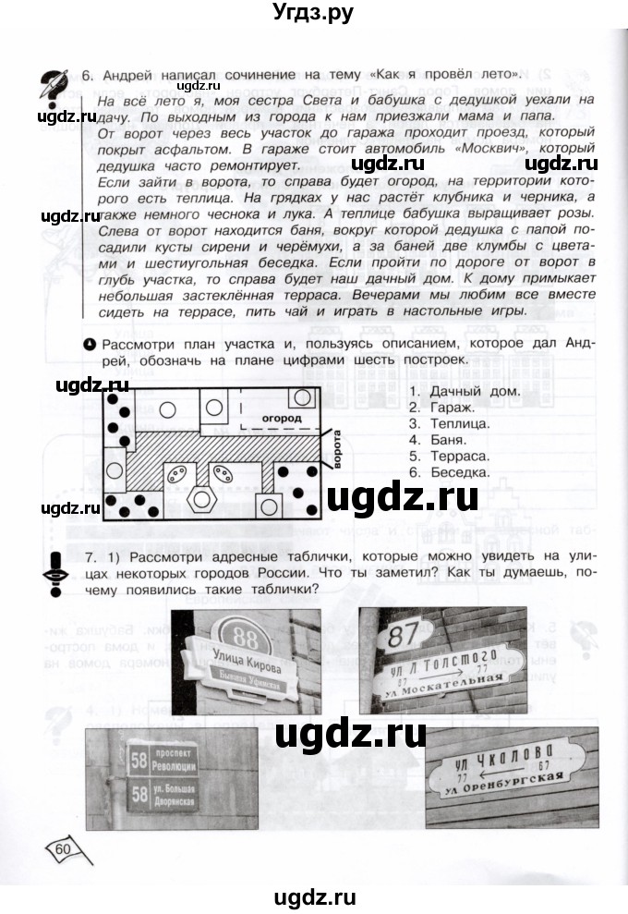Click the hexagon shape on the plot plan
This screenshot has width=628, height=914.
pos(199,499)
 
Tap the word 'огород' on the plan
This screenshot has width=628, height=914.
pos(282,418)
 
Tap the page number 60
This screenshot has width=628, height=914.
pos(64,848)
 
